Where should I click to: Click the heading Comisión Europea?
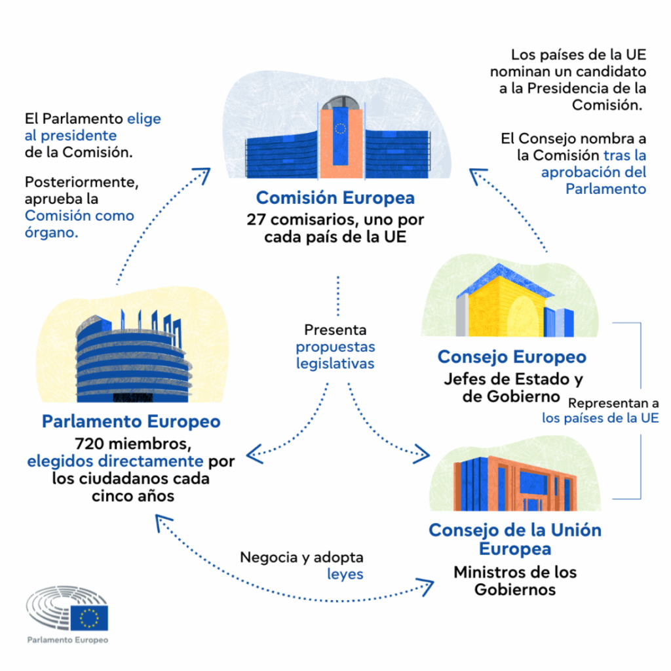click(335, 198)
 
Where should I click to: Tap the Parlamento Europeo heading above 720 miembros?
click(131, 421)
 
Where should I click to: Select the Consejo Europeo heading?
click(512, 357)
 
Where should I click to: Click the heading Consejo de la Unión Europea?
click(515, 539)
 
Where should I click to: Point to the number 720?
click(89, 444)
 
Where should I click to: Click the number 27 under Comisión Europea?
click(256, 220)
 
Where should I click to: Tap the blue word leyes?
click(345, 574)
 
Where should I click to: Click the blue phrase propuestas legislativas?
click(335, 355)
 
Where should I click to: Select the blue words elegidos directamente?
click(115, 461)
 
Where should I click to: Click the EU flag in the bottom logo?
click(89, 618)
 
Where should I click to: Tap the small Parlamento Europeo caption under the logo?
click(67, 640)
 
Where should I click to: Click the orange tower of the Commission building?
click(341, 142)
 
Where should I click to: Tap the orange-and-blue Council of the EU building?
click(515, 484)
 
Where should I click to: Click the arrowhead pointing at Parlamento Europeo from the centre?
click(254, 453)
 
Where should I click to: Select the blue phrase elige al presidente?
click(93, 127)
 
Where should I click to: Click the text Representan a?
click(613, 404)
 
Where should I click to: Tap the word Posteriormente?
click(82, 182)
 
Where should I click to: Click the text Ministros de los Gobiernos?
click(515, 581)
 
